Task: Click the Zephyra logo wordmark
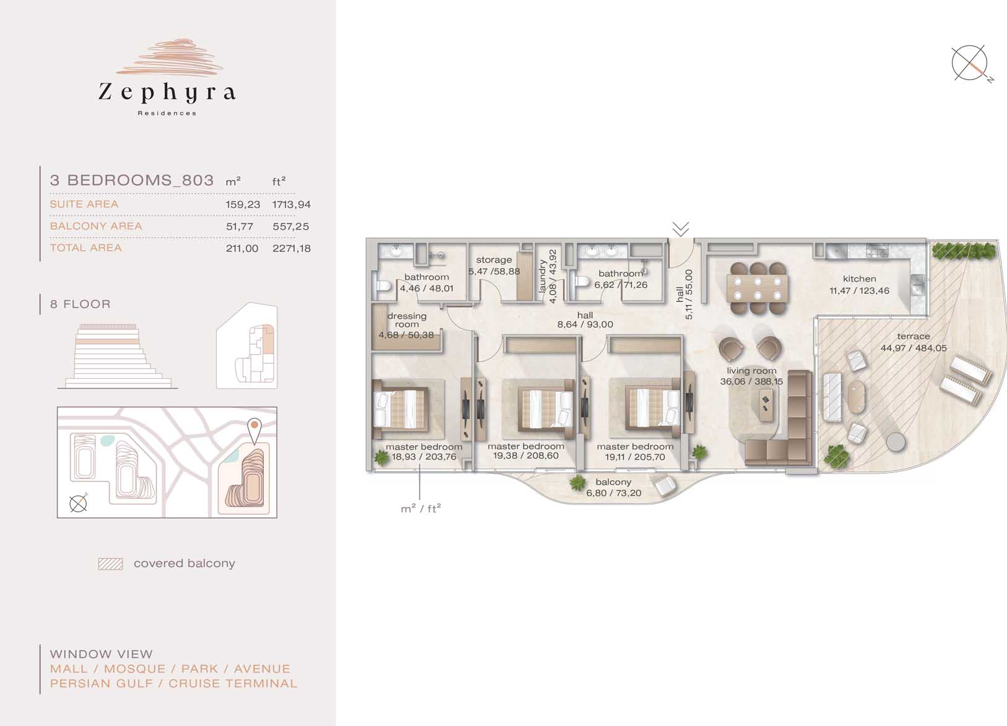tap(167, 92)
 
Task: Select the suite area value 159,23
tap(243, 204)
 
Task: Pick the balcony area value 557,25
tap(291, 227)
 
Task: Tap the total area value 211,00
tap(242, 248)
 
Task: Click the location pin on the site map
tap(255, 430)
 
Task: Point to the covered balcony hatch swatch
tap(111, 564)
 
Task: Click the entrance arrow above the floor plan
tap(681, 228)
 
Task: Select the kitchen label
tap(860, 279)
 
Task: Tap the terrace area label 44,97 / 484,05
tap(913, 348)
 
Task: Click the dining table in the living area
tap(758, 288)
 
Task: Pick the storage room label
tap(494, 260)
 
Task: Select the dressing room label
tap(407, 320)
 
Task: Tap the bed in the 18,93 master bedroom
tap(401, 408)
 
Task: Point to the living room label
tap(752, 371)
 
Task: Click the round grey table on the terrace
tap(896, 442)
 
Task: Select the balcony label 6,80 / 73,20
tap(614, 488)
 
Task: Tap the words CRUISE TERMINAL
tap(233, 683)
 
